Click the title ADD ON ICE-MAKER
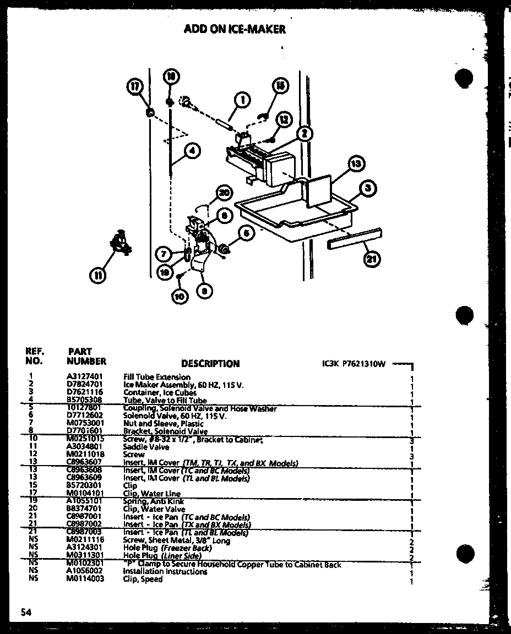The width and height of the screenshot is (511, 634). pos(235,29)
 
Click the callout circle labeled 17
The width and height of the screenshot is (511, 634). pos(134,86)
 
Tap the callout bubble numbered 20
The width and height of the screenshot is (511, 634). pos(224,193)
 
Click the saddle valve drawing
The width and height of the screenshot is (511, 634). pos(121,243)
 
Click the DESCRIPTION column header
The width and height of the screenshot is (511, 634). pos(210,364)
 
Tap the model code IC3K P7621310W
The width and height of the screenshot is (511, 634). pos(354,364)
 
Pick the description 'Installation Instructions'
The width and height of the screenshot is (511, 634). pos(165,572)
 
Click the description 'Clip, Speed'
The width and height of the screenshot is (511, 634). pos(143,579)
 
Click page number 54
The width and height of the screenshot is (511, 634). pos(25,612)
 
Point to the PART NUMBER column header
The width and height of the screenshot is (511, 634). pos(86,357)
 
